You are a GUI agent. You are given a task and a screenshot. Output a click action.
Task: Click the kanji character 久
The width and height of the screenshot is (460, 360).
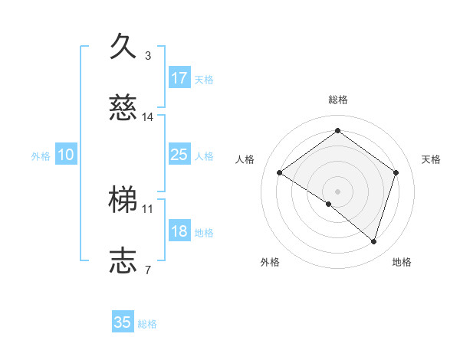point(124,46)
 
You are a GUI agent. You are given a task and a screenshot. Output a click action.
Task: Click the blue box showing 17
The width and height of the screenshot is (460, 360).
point(179,78)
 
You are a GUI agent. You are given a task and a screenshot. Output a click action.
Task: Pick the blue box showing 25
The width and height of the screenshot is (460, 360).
point(179,155)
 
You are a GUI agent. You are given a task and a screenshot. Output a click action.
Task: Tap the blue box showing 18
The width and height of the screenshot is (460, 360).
point(179,232)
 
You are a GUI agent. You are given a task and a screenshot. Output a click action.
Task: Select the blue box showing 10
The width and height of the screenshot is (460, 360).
point(66,155)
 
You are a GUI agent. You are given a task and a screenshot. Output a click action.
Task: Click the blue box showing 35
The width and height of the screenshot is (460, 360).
point(123,322)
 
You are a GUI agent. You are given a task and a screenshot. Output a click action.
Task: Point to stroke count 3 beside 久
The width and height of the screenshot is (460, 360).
point(148,56)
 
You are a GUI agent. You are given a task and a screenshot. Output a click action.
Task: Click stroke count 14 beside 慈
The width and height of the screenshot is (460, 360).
point(148,117)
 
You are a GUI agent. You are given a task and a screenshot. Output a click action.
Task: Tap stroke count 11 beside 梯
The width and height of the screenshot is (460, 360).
point(148,208)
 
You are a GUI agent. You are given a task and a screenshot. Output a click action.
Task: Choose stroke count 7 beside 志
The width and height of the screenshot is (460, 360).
point(148,269)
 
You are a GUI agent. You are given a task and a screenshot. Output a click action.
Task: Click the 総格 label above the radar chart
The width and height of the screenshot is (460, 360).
point(337,100)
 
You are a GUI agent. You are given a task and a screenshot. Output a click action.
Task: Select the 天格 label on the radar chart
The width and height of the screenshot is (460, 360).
point(431,159)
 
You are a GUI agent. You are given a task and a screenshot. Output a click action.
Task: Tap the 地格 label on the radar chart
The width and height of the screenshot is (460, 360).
point(402,262)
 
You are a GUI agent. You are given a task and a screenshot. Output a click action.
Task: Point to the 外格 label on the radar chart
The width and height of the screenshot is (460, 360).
point(270,262)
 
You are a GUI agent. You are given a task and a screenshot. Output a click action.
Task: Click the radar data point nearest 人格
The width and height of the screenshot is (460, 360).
point(280,173)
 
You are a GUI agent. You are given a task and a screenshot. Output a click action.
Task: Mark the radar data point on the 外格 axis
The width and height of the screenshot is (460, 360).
point(329,204)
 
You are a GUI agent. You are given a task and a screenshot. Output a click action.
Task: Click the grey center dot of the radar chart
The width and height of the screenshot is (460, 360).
point(337,191)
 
